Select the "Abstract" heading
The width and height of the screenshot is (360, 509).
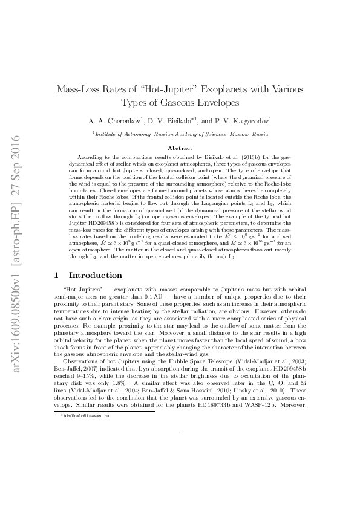[x=180, y=148]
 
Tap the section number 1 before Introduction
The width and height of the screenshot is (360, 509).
[x=56, y=275]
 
